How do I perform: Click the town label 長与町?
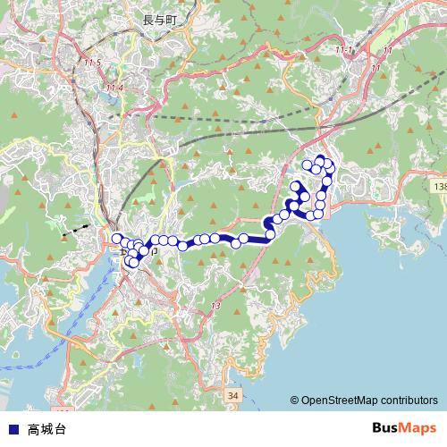pos(160,18)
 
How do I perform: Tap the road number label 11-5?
pos(92,63)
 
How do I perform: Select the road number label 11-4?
pos(114,87)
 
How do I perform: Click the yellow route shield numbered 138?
pos(438,186)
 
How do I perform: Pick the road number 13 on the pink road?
pos(215,307)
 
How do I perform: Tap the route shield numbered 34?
pos(232,394)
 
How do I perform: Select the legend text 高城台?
pos(46,429)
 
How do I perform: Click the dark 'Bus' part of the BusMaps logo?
pos(386,428)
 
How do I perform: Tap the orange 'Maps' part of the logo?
pos(419,428)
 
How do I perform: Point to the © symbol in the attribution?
pos(294,401)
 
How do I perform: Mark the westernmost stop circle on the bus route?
pos(116,238)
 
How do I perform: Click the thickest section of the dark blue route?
pos(254,238)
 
